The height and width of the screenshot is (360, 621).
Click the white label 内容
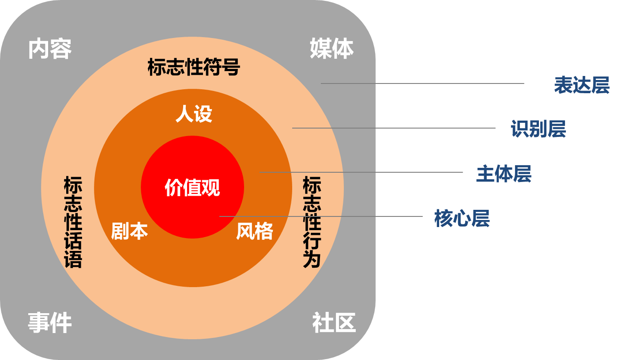49,49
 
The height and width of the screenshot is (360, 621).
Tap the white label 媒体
331,48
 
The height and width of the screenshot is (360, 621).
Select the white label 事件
49,323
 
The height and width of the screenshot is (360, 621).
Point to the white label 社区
334,323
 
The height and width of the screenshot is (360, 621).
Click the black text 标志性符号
193,68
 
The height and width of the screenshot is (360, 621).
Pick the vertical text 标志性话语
73,222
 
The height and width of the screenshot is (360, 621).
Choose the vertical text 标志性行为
312,222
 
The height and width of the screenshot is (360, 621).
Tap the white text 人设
194,114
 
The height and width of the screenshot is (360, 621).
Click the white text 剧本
129,231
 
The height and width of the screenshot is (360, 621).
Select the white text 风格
255,231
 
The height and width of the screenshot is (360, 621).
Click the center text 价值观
192,188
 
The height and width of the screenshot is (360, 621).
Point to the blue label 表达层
582,85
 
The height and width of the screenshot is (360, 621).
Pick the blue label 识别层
538,129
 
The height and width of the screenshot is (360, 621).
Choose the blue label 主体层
504,174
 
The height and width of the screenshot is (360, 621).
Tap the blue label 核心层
462,219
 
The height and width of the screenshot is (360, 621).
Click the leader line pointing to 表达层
349,83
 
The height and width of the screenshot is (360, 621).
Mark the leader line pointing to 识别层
334,128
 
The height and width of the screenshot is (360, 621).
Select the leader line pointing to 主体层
318,172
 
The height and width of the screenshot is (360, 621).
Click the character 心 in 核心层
462,219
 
